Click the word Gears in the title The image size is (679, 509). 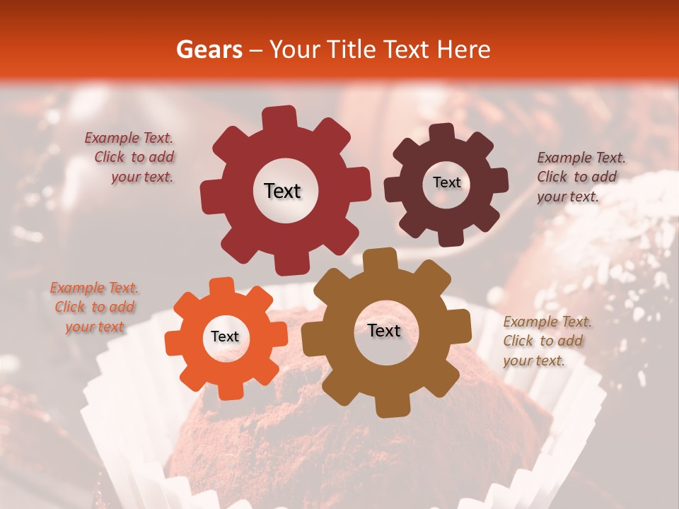(x=209, y=49)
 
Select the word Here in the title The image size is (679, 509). (x=464, y=49)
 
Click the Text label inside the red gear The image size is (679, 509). (x=282, y=191)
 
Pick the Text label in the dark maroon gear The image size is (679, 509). (x=446, y=182)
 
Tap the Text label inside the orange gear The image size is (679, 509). (x=225, y=337)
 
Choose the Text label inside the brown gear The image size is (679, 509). (x=384, y=330)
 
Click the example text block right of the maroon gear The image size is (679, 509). (x=580, y=177)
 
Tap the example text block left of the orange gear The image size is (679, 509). (x=94, y=308)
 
